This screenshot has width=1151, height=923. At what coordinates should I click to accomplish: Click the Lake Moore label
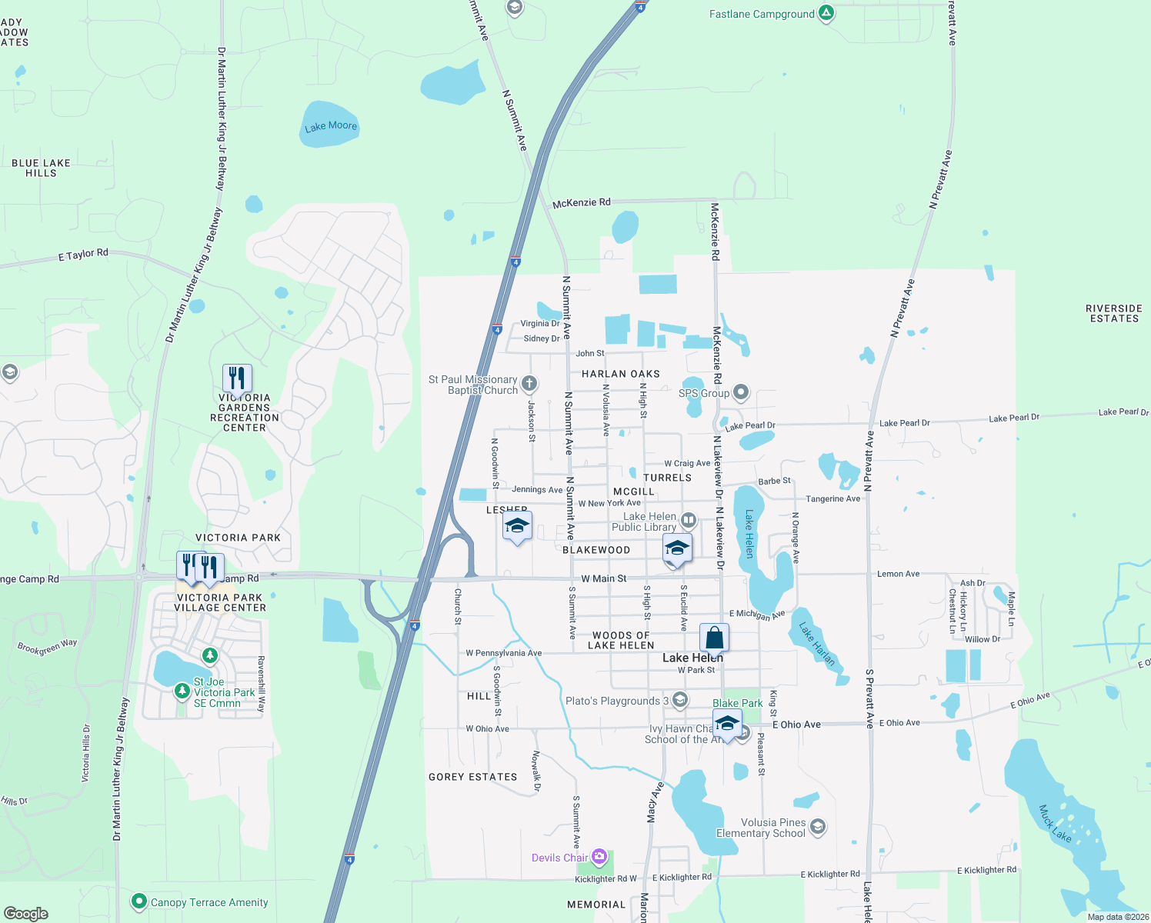(331, 126)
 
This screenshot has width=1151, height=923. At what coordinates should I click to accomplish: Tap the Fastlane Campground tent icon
(826, 13)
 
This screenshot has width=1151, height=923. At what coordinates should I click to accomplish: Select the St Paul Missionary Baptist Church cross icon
(529, 383)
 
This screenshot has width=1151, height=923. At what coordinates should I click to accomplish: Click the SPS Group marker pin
(740, 392)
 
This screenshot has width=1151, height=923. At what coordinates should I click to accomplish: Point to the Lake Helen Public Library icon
(688, 521)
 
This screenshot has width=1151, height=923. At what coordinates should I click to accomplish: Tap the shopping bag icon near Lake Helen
(714, 638)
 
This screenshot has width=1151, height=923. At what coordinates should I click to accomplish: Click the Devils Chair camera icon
(599, 857)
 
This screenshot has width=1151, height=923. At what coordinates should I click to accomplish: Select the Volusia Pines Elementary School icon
(817, 827)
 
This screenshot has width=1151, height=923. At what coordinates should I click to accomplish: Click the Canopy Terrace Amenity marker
(138, 901)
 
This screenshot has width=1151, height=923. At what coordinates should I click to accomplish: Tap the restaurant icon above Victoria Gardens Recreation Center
(237, 378)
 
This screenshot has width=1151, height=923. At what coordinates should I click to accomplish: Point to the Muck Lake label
(1055, 823)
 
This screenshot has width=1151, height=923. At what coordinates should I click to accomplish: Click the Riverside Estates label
(1113, 313)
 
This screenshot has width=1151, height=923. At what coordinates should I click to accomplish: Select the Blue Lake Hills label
(41, 168)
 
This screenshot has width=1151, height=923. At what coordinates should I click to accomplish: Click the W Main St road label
(603, 578)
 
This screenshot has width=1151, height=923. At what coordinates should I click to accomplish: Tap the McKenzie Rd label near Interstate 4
(581, 203)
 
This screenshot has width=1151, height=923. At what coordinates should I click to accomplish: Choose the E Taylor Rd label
(83, 255)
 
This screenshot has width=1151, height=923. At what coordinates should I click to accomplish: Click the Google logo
(26, 913)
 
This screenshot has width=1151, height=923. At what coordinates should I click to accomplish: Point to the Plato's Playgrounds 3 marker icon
(679, 699)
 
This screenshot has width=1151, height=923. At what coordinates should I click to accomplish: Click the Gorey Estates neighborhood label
(472, 777)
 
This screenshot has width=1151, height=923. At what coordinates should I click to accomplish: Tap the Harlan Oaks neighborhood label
(620, 374)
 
